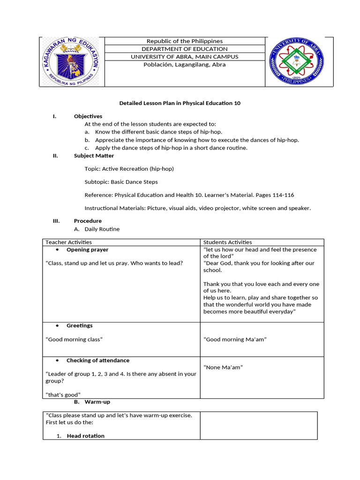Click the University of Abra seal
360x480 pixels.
tap(296, 62)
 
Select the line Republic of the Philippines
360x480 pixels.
tap(185, 41)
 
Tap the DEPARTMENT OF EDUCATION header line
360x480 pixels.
tap(185, 49)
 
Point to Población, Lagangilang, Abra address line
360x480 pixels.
tap(185, 65)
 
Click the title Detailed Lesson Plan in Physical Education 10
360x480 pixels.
tap(180, 103)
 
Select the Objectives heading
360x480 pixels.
tap(88, 116)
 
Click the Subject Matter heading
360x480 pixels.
tap(94, 156)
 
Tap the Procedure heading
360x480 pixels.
tap(88, 221)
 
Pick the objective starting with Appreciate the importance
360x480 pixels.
tap(197, 140)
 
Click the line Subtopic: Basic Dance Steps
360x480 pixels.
tap(121, 182)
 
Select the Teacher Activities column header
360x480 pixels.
tap(68, 242)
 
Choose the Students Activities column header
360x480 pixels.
tap(227, 242)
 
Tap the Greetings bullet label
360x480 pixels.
tap(79, 326)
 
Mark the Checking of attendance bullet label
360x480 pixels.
tap(97, 360)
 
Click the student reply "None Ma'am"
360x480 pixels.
tap(223, 367)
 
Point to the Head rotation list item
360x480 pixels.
tap(85, 436)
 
